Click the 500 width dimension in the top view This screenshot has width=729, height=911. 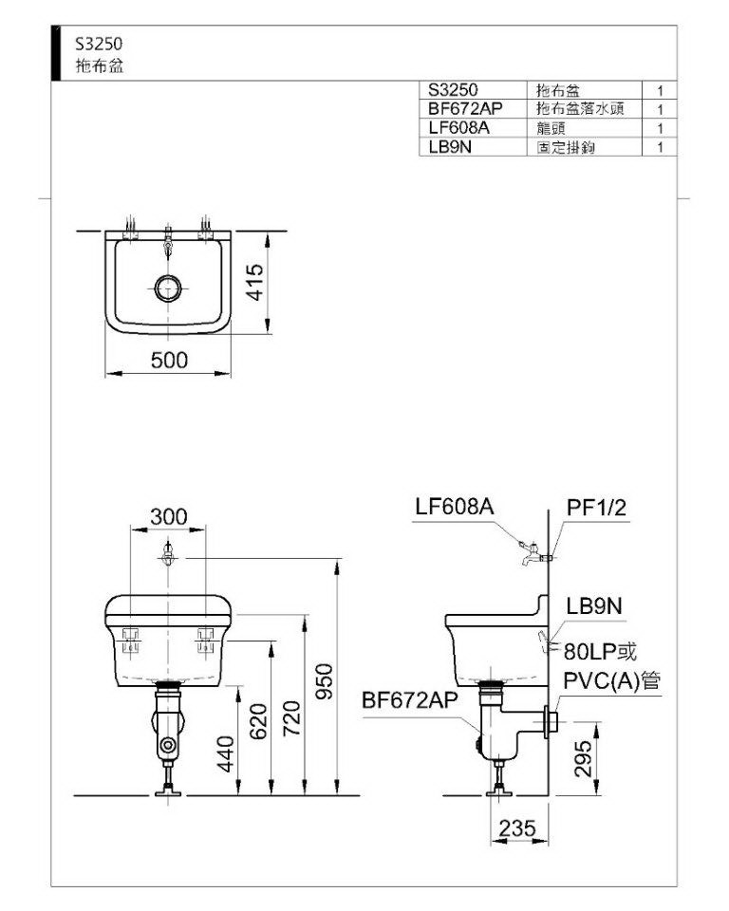[169, 361]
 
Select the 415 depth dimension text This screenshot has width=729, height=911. [254, 283]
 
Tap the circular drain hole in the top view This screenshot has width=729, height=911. [168, 288]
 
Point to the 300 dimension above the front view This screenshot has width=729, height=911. [169, 516]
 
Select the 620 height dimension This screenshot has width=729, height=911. [258, 721]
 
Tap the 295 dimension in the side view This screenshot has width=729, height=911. [583, 758]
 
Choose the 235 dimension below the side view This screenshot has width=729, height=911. [516, 828]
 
